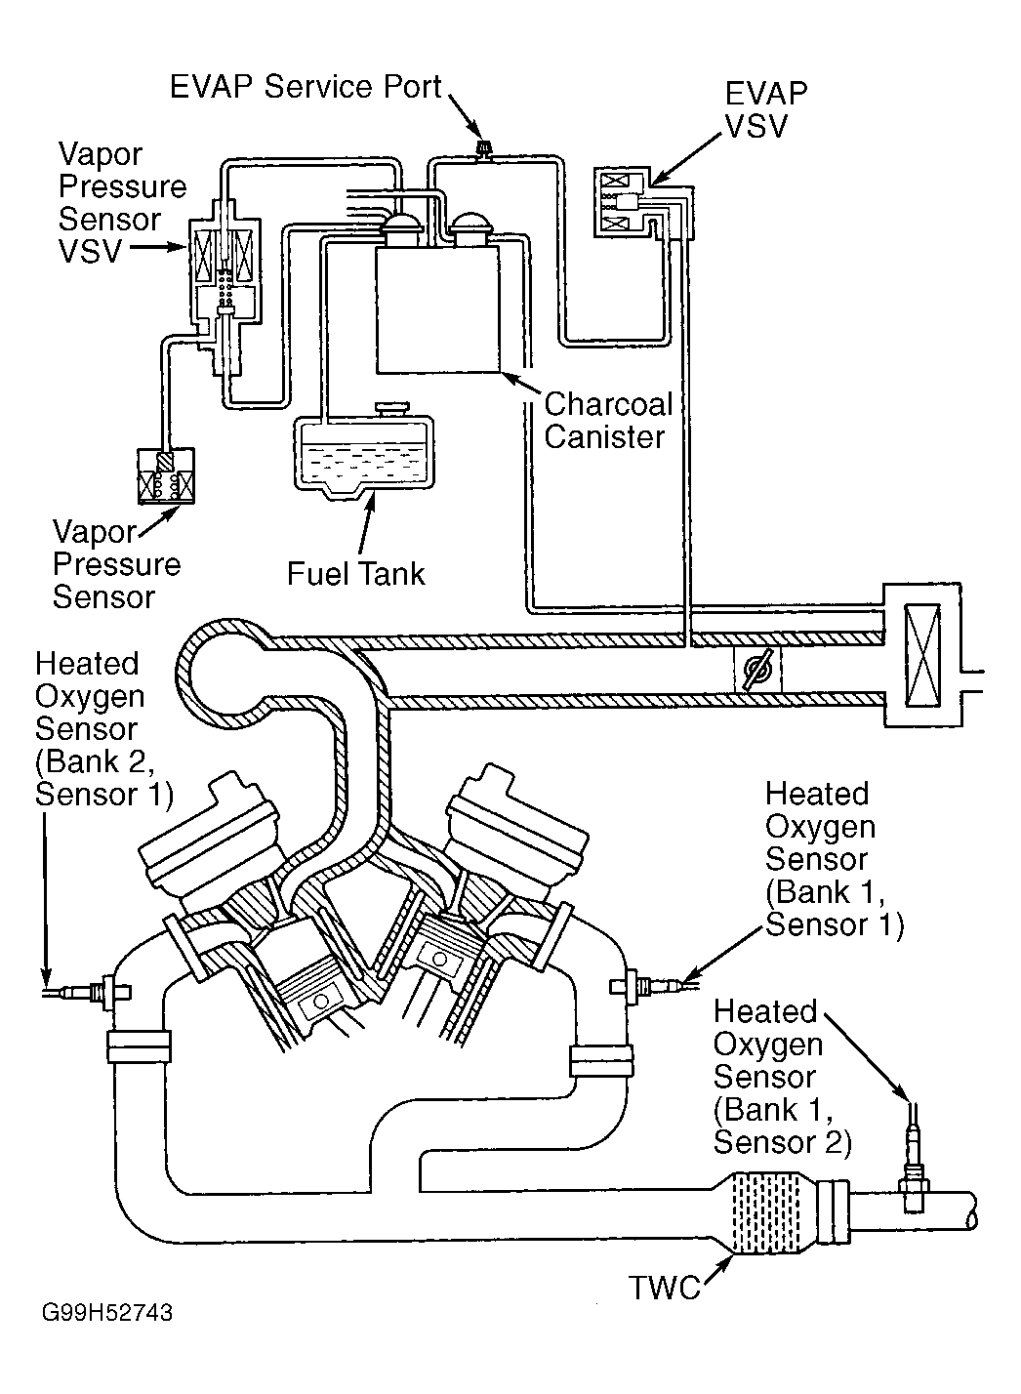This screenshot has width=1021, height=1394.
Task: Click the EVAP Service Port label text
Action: pyautogui.click(x=306, y=87)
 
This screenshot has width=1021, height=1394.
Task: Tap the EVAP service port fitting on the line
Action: pyautogui.click(x=483, y=149)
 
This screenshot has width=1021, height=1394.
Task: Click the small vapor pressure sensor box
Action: pyautogui.click(x=166, y=476)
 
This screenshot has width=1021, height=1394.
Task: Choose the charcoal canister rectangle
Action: pyautogui.click(x=438, y=309)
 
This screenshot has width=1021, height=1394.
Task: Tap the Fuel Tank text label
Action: pyautogui.click(x=356, y=574)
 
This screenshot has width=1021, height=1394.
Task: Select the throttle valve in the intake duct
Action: pyautogui.click(x=758, y=670)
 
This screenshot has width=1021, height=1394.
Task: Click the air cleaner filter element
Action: pyautogui.click(x=922, y=656)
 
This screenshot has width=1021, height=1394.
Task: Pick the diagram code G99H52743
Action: pyautogui.click(x=107, y=1330)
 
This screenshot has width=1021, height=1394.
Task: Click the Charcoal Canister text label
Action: pyautogui.click(x=608, y=420)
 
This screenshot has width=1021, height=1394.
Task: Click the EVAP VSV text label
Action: pyautogui.click(x=766, y=109)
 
